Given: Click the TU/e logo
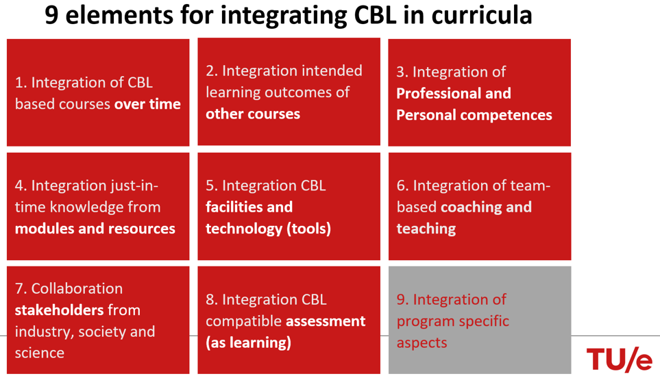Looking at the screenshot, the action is [619, 360].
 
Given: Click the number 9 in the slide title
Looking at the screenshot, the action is [51, 16].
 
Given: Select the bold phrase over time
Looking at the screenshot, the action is [147, 104].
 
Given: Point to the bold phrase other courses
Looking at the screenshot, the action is [253, 114].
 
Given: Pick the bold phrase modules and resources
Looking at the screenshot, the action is [95, 228].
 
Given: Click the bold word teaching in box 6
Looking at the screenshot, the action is [426, 229].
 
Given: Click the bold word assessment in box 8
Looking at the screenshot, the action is [326, 321].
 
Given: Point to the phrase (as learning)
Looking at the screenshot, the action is [248, 342].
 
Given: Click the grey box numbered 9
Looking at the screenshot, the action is [480, 320].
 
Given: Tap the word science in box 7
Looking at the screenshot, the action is [40, 353].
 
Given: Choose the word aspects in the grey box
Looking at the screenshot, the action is [421, 343].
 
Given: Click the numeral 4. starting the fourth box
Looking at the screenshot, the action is [21, 186].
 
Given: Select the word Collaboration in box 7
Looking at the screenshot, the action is [77, 288].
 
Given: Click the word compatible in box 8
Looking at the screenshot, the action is [244, 322].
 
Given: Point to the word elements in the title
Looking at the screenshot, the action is [119, 16].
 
